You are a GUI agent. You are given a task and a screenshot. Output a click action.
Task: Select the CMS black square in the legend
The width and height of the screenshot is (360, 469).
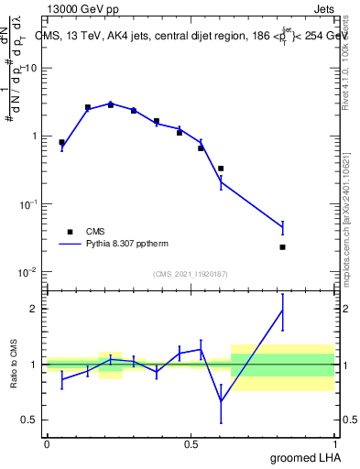tap(70, 232)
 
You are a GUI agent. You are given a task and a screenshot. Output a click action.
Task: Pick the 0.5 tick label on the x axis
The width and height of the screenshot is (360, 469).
tap(191, 443)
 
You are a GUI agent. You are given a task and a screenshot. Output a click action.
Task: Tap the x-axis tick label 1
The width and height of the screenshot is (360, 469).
tap(336, 443)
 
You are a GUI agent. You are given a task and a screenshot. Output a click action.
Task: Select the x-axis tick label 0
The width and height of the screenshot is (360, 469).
tap(47, 443)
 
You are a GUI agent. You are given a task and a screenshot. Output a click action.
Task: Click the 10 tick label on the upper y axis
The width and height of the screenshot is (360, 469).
tap(31, 69)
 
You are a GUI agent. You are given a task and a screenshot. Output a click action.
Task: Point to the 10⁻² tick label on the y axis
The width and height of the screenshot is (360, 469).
tap(28, 271)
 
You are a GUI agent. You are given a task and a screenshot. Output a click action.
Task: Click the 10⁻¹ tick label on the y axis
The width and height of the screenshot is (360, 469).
tap(28, 203)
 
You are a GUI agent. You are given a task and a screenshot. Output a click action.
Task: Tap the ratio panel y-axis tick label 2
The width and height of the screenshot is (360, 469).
tap(35, 309)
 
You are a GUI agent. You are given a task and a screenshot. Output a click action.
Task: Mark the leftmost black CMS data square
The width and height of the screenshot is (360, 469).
tap(61, 143)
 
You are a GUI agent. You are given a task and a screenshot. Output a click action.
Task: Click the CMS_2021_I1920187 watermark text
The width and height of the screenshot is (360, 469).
tap(191, 274)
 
